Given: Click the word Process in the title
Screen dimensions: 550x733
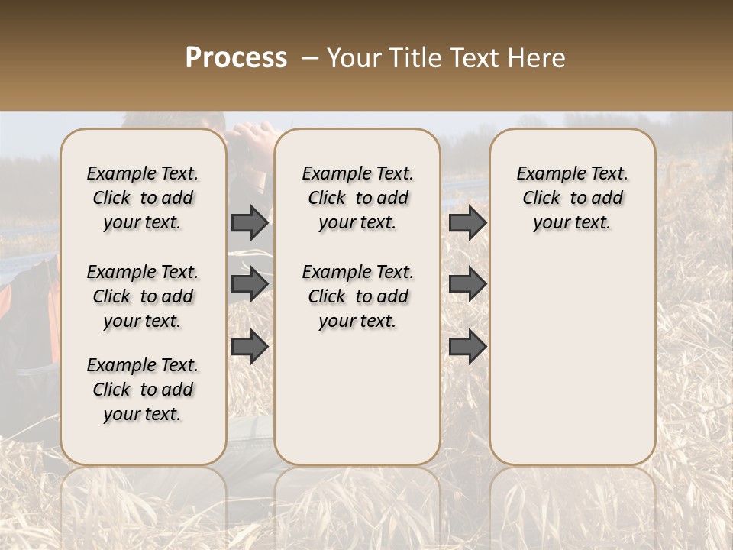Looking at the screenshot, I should [x=236, y=58].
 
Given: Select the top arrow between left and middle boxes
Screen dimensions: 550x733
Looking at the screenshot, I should [x=250, y=222].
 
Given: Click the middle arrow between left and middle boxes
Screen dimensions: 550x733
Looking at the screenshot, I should [x=250, y=284].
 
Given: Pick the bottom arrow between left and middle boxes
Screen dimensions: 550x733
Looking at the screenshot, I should [x=250, y=347].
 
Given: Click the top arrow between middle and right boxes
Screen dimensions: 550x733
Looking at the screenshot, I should [x=467, y=222].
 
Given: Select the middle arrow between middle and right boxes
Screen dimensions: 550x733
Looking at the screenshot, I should [x=467, y=284].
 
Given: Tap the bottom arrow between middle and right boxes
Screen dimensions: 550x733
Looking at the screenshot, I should [x=467, y=347].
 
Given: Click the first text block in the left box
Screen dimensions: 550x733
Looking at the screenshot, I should [x=143, y=198].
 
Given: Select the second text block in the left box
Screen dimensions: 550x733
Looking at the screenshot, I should [x=143, y=296].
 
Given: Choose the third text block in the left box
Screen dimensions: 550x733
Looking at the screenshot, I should [x=143, y=390].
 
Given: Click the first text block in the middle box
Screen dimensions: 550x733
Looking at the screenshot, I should [x=357, y=198].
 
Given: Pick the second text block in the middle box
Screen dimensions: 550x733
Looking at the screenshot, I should [x=357, y=296].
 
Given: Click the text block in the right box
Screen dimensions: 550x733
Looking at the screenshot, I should [x=572, y=198].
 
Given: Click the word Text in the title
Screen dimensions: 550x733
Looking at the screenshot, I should [x=474, y=58].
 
